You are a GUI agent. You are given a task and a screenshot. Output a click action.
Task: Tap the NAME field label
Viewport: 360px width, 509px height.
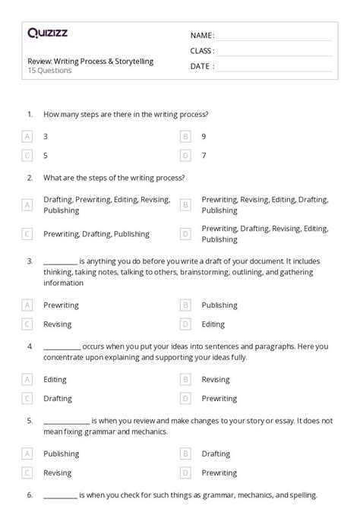(x=202, y=36)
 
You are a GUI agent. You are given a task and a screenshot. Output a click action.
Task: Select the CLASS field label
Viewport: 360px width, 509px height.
(x=202, y=51)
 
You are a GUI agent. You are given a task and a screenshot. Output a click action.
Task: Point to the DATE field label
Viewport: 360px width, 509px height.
(x=201, y=66)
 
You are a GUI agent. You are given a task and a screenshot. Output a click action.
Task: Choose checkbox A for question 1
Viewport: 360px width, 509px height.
(x=27, y=136)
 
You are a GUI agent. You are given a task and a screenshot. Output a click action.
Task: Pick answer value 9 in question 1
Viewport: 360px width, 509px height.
(x=204, y=136)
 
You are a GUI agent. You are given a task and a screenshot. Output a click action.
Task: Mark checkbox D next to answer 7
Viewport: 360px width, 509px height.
(x=185, y=155)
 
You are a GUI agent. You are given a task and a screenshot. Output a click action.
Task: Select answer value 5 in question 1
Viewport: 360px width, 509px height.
(x=46, y=155)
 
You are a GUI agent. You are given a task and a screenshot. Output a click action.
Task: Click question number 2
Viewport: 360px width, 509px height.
(x=30, y=178)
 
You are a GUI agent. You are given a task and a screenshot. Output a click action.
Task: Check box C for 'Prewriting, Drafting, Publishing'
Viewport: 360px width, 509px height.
(x=27, y=234)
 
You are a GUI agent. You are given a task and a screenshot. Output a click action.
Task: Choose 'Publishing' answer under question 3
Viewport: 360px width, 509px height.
(x=219, y=305)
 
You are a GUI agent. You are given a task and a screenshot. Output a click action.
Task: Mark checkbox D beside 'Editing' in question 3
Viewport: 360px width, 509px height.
(x=185, y=324)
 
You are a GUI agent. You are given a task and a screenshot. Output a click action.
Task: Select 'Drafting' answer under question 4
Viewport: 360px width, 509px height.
(x=58, y=398)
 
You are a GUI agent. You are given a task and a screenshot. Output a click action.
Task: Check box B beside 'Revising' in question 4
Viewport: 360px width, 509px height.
(x=185, y=379)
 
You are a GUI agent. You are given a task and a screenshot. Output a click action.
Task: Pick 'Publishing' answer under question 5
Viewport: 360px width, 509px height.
(x=62, y=454)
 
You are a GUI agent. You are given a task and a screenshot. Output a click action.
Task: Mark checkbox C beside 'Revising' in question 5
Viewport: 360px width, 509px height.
(x=27, y=473)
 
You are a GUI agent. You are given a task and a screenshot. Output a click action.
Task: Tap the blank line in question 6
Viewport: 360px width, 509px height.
(x=60, y=495)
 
